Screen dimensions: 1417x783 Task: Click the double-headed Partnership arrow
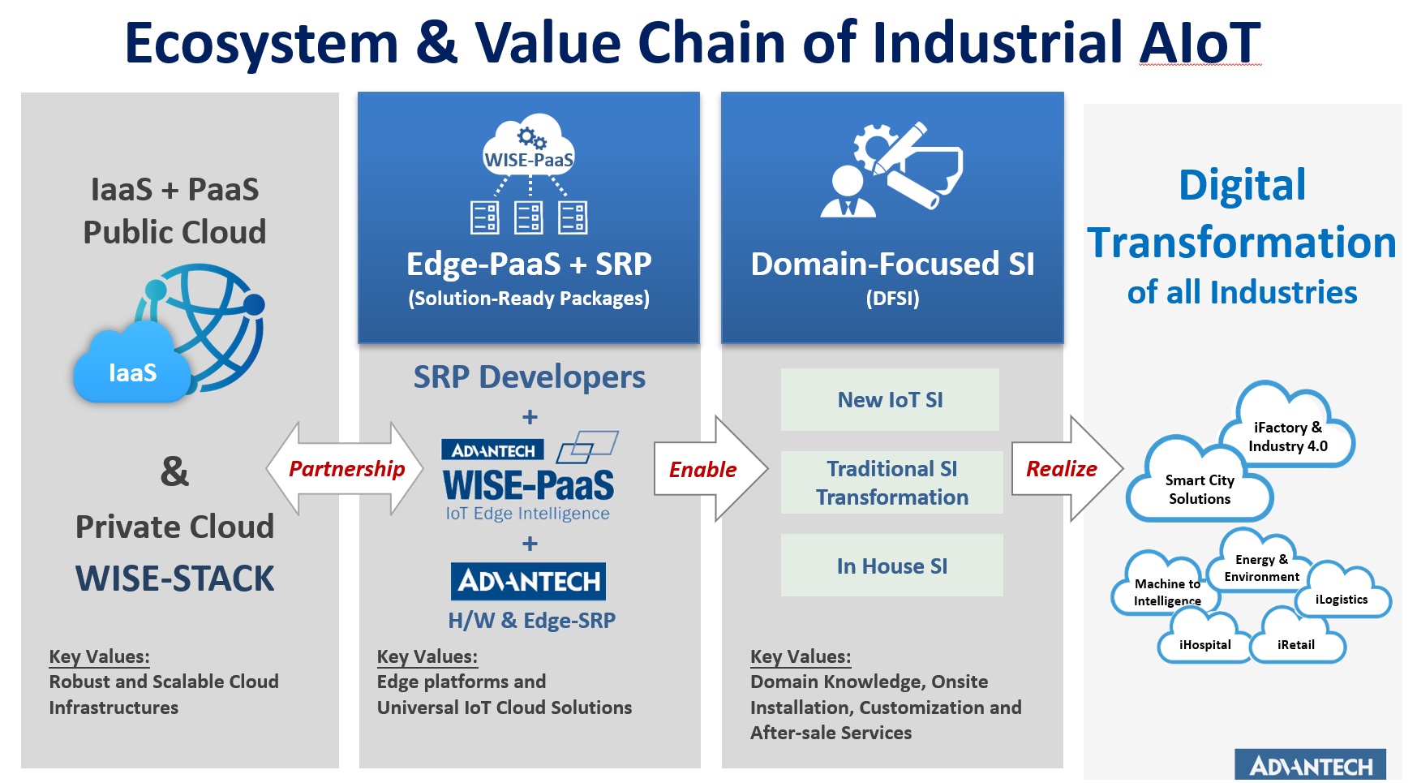pos(345,469)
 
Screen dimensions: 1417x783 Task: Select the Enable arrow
pos(711,469)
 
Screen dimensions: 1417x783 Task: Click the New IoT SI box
pos(890,399)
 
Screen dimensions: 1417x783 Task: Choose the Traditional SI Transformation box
pos(891,483)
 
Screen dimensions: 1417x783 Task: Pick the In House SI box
pos(891,566)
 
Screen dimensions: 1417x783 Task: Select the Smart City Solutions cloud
pos(1199,484)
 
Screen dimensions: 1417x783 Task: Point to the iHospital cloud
pos(1204,640)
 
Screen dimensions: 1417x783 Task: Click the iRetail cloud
pos(1297,640)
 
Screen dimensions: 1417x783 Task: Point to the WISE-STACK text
pos(175,579)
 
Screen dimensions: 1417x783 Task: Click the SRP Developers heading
pos(530,377)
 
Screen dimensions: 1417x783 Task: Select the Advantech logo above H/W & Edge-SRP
pos(528,581)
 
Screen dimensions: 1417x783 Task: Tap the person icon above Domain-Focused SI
pos(848,191)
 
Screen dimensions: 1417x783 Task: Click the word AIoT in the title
pos(1200,42)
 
